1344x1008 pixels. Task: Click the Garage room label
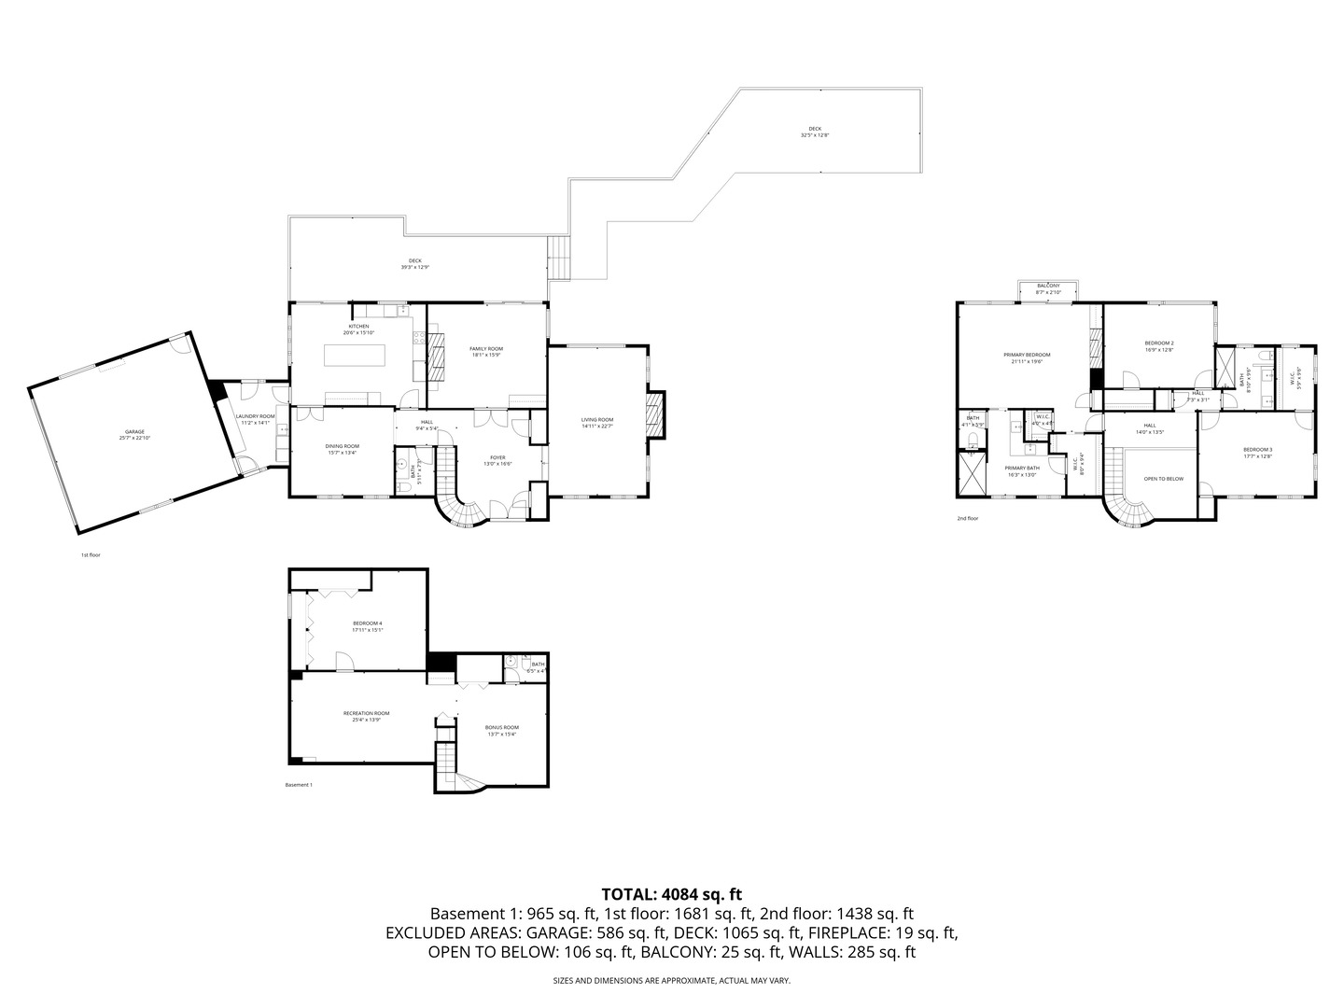[132, 435]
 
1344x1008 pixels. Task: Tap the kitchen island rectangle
[355, 355]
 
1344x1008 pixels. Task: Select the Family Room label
[486, 351]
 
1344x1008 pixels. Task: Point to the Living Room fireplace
[656, 414]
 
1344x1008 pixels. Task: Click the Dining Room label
[343, 449]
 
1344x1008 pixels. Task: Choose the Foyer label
[497, 460]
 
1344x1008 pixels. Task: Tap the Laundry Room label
[255, 419]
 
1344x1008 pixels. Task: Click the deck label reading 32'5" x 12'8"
[814, 132]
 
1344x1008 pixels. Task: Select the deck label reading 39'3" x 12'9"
[414, 264]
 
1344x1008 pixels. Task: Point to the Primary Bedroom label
[1027, 357]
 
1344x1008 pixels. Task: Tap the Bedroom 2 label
[1159, 346]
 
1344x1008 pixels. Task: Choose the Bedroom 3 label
[1257, 454]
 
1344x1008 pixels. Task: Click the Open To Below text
[1164, 479]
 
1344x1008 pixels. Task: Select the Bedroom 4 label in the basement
[367, 626]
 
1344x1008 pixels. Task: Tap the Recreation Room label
[366, 716]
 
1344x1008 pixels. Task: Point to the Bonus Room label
[501, 730]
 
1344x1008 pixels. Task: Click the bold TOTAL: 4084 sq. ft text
[671, 894]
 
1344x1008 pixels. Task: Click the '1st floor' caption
[91, 555]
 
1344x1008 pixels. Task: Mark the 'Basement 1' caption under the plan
[299, 785]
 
